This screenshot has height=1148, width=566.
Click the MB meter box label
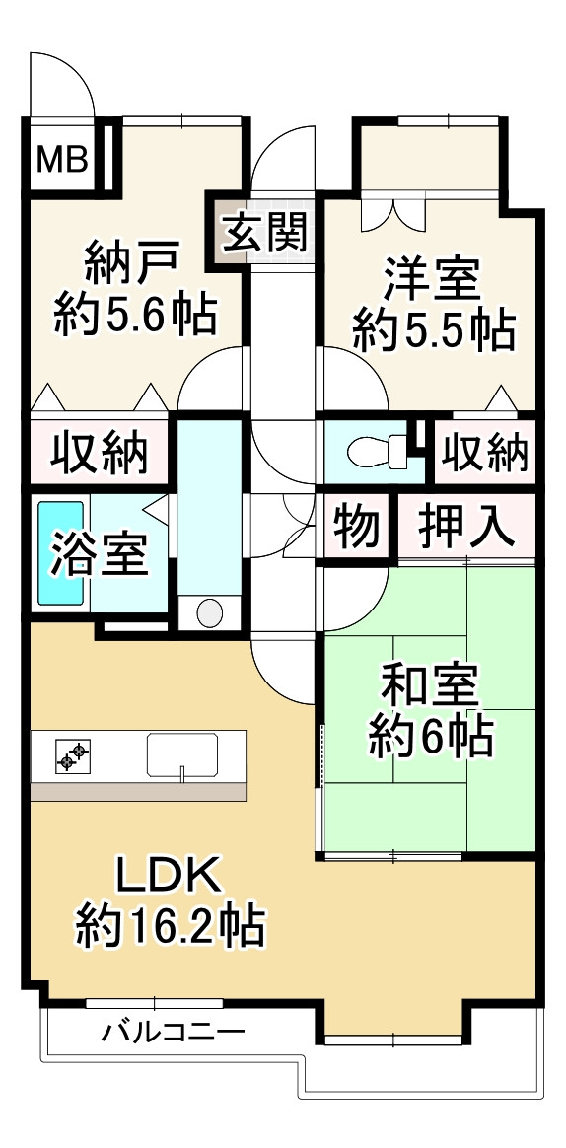point(63,157)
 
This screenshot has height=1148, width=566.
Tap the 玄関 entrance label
point(263,233)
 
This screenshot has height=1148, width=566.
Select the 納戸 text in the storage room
point(132,264)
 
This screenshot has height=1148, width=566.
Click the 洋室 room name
point(432,279)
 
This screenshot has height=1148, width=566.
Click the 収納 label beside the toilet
point(484,452)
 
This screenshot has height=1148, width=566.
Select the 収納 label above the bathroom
point(100,452)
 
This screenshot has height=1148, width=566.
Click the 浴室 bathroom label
point(101,557)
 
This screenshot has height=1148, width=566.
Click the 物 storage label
point(356,525)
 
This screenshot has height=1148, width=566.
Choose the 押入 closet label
point(466,525)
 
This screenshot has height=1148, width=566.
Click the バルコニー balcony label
point(174,1033)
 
